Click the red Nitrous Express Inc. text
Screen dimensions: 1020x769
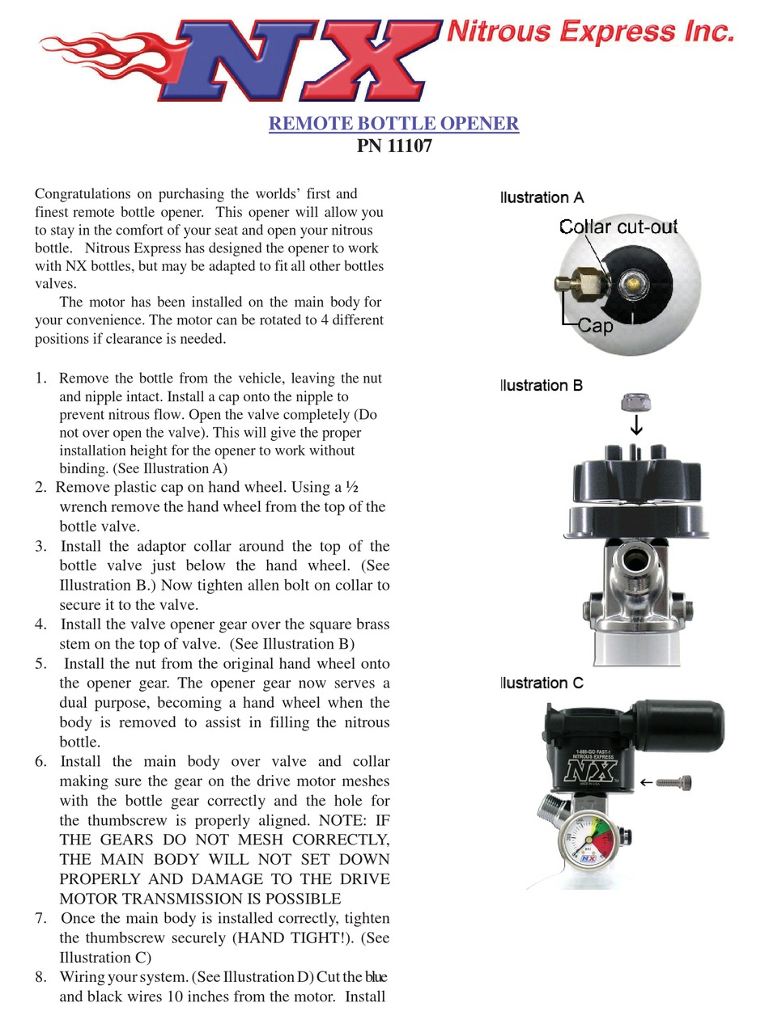(x=590, y=32)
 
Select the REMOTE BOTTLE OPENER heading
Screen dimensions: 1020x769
(x=393, y=124)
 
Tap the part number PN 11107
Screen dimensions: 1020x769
(x=393, y=146)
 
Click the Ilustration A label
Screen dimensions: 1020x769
(x=542, y=197)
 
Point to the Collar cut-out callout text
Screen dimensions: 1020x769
(x=618, y=227)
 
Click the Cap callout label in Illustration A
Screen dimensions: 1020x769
(x=595, y=326)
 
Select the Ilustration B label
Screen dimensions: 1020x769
(x=542, y=385)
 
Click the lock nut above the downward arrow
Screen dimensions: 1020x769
(x=636, y=401)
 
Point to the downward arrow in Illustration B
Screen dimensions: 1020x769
(x=636, y=425)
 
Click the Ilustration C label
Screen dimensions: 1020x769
(x=542, y=683)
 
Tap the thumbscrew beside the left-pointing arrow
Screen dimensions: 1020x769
(x=674, y=782)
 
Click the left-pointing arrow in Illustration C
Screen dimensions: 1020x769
(x=646, y=782)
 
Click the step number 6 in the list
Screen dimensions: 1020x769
(x=40, y=762)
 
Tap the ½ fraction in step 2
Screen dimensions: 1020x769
(x=352, y=488)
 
